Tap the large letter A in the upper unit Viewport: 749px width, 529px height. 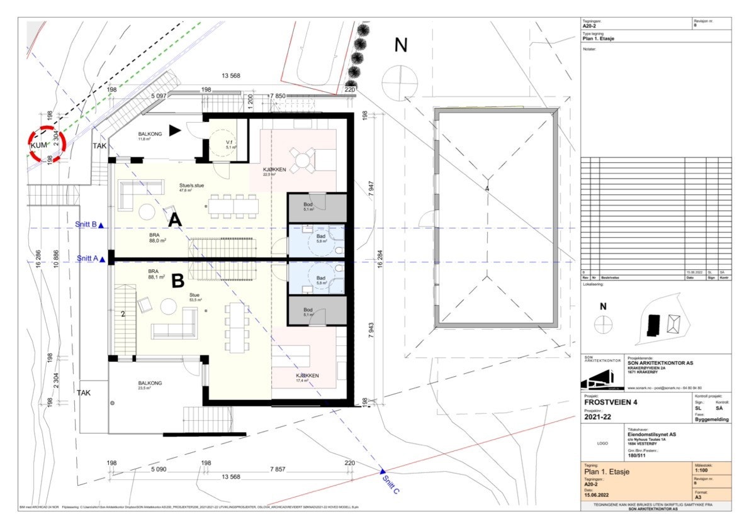pos(175,220)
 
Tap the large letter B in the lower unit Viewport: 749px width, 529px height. pos(177,279)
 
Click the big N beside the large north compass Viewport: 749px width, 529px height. pos(401,45)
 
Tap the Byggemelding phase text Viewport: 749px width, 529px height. pos(712,419)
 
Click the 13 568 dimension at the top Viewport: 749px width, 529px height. pos(231,76)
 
